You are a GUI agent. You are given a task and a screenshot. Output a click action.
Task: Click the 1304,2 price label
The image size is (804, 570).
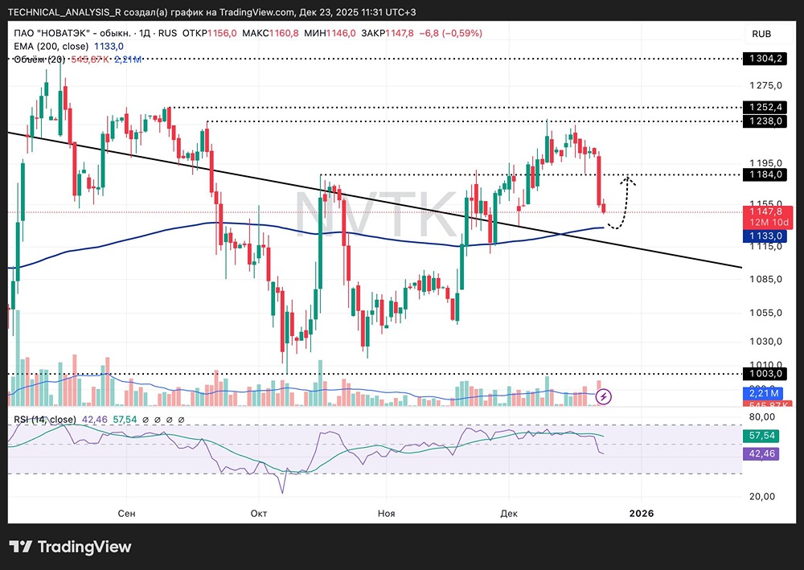coord(765,59)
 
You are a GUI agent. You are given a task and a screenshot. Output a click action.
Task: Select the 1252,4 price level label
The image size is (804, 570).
coord(765,107)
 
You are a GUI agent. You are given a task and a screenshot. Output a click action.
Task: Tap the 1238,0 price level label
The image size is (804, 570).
coord(765,121)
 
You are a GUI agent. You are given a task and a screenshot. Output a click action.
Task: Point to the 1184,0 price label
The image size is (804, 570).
coord(765,174)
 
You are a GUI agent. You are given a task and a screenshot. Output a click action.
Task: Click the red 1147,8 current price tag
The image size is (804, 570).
coord(765,212)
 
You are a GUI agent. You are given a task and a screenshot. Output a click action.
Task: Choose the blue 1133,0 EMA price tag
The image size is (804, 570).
coord(765,236)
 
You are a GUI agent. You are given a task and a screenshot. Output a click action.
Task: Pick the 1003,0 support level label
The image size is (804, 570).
coord(765,374)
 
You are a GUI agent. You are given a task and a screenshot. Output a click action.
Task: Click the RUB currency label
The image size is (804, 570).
coord(761,33)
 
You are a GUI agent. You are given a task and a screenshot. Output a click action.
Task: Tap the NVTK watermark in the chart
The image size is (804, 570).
coord(378,214)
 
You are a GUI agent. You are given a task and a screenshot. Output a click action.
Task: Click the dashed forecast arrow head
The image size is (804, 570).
coord(629,179)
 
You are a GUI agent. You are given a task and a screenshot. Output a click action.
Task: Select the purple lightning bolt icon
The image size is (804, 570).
coord(605,396)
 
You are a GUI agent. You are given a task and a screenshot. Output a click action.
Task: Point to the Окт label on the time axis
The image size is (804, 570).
coord(259,513)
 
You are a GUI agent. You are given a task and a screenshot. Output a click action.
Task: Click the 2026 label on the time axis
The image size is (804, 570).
coord(641,513)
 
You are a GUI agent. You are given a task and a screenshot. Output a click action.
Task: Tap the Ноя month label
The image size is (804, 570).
coord(387,513)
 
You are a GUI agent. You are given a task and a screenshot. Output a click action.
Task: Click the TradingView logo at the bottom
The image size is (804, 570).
coord(71,547)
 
